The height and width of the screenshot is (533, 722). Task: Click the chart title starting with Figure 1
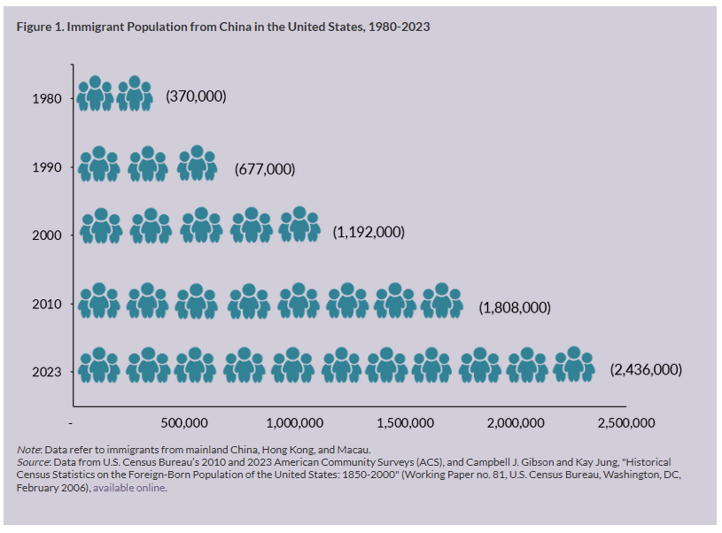[223, 27]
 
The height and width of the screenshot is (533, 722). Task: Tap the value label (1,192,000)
[369, 232]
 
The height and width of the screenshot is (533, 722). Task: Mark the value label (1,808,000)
[515, 308]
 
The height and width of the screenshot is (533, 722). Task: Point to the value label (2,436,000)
[646, 369]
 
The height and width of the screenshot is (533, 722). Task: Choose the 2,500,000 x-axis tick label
[625, 422]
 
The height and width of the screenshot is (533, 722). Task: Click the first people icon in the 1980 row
[95, 94]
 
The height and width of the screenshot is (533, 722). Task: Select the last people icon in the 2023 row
[574, 365]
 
